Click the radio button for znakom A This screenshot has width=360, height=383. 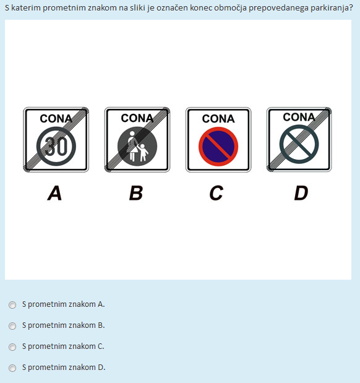click(12, 305)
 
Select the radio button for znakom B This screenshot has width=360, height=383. click(12, 326)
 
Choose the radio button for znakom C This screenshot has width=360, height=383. click(12, 347)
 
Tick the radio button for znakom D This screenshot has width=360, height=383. click(12, 368)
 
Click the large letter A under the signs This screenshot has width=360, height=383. click(54, 193)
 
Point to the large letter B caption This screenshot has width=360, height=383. click(136, 193)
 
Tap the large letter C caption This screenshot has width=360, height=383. click(216, 193)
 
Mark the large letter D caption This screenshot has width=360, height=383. click(301, 193)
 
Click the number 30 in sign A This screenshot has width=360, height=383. click(56, 146)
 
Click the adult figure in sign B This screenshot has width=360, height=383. click(132, 146)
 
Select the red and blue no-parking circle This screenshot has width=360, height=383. click(218, 147)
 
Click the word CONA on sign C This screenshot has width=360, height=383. click(218, 119)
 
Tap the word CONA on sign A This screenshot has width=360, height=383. click(56, 119)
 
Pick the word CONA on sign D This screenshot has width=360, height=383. click(299, 117)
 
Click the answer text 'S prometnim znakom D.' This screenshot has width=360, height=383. click(64, 368)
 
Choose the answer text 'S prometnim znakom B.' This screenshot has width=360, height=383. click(64, 325)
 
